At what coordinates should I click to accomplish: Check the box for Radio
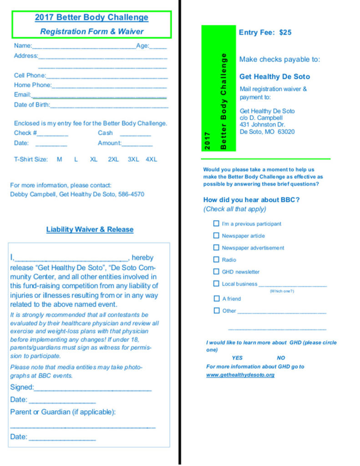216,259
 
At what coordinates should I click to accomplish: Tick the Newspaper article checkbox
216,235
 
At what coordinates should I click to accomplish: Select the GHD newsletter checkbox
216,271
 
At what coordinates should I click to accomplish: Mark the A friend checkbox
217,299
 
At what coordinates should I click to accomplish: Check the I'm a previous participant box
216,223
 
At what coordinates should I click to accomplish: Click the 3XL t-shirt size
133,159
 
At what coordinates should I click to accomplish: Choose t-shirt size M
60,159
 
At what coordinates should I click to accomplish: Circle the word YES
237,358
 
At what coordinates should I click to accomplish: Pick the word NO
281,358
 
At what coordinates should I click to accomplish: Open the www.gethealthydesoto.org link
240,375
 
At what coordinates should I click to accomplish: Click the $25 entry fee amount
285,32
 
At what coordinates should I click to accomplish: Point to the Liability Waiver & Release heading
90,229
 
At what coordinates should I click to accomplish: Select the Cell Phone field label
30,76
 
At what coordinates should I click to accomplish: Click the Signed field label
21,387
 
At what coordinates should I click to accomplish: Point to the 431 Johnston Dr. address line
263,125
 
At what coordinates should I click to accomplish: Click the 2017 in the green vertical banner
208,141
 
